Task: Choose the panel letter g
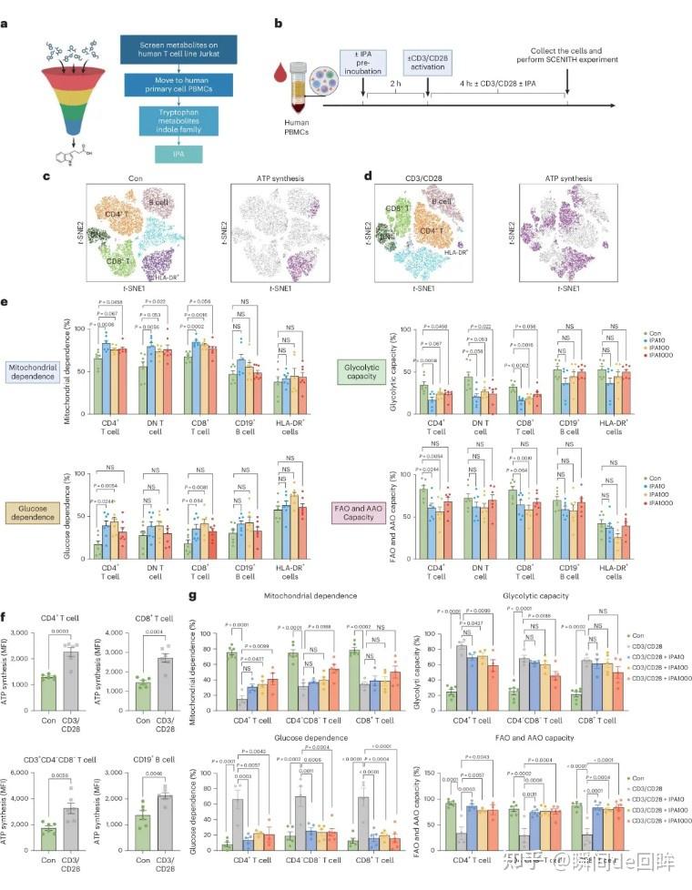click(x=191, y=597)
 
